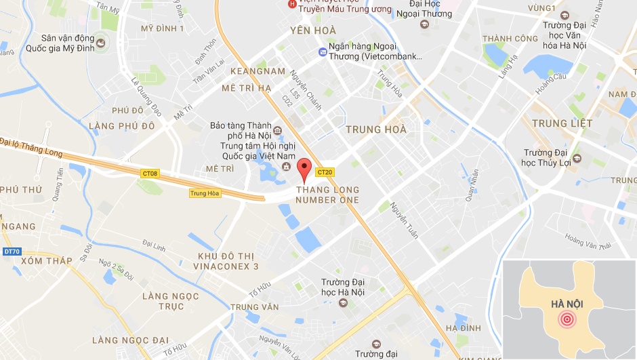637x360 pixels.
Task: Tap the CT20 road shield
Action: point(325,172)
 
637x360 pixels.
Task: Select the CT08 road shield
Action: point(150,174)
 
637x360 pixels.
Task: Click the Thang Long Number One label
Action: point(327,195)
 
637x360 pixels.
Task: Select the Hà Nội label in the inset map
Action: point(569,303)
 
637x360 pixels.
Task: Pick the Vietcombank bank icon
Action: point(323,52)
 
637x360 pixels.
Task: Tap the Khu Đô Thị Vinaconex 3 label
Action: point(228,261)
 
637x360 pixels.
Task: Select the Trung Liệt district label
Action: point(562,123)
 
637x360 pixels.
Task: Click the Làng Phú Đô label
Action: point(122,126)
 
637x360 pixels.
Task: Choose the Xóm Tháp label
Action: point(46,261)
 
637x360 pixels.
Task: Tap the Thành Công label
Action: point(510,39)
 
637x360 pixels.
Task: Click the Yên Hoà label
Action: point(313,30)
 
